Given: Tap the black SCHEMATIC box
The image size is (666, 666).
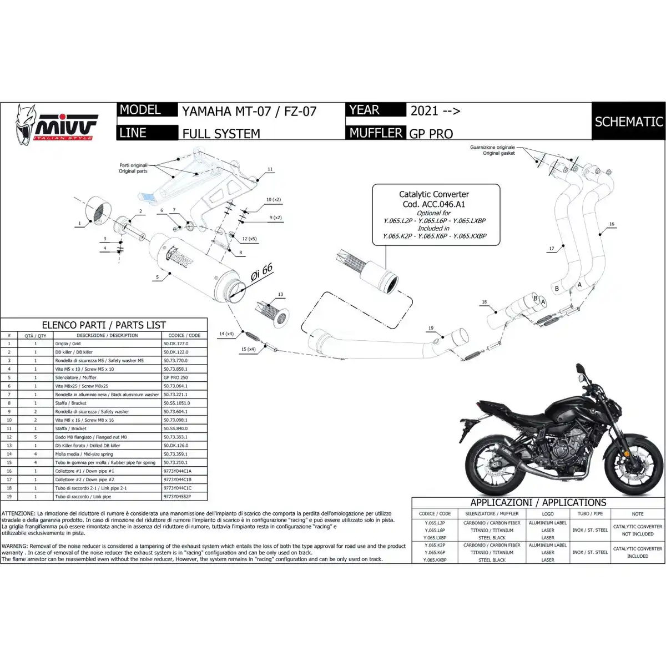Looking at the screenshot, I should [628, 121].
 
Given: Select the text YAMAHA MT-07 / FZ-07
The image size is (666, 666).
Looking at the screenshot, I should [249, 111].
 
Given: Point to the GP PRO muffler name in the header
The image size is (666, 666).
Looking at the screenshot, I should [431, 133].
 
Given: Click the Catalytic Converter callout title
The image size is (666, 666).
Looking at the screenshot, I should [433, 194].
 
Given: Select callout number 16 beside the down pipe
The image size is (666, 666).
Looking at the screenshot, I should [611, 225].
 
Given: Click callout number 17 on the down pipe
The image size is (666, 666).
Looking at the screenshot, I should [552, 249].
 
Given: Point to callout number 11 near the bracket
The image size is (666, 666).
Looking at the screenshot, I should [270, 169].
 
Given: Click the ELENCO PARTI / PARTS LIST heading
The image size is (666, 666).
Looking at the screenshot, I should [104, 325].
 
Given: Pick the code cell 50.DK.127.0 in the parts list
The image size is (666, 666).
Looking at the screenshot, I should [176, 344].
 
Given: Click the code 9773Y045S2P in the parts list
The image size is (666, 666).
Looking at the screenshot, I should [177, 496].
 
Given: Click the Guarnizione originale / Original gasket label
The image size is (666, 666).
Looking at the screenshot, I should [492, 150].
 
